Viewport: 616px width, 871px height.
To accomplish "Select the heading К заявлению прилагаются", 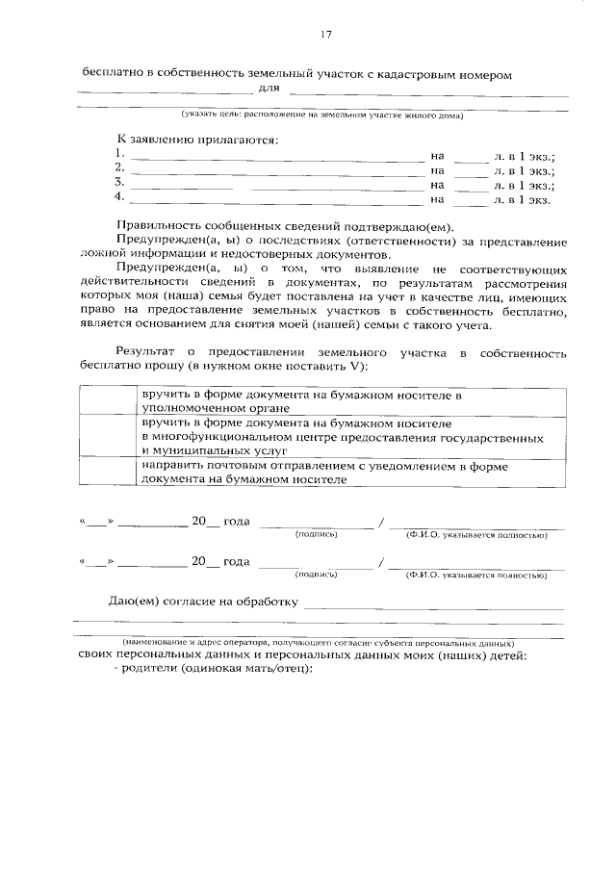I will tap(195, 141).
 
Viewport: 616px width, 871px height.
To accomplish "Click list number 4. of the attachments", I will tap(118, 198).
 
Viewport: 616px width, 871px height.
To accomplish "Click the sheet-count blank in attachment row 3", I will tap(471, 184).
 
